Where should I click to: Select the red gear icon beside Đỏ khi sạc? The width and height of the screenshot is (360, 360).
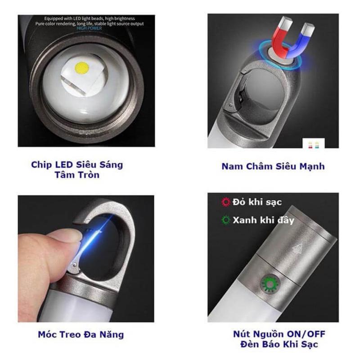(226, 202)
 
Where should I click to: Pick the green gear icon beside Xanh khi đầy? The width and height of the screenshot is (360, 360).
(226, 220)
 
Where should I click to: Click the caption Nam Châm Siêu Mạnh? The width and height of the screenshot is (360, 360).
(273, 166)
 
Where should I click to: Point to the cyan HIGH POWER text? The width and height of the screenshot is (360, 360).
(89, 28)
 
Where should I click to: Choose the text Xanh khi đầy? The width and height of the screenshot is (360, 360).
(263, 220)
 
